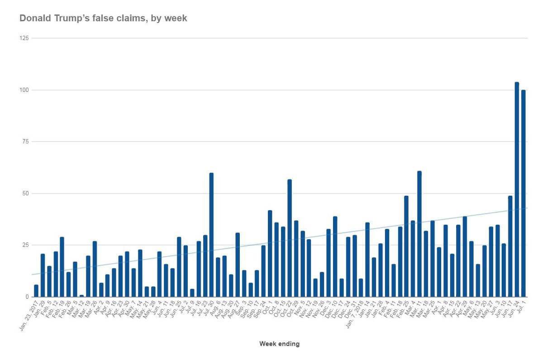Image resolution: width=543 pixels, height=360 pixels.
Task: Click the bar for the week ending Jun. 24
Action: pyautogui.click(x=517, y=190)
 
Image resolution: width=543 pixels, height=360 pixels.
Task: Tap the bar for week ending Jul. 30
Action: pyautogui.click(x=211, y=235)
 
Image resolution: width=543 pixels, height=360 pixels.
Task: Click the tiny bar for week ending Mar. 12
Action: pyautogui.click(x=81, y=296)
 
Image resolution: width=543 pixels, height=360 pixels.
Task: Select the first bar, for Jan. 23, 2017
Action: pyautogui.click(x=36, y=291)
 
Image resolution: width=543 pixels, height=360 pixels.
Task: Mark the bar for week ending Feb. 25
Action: pyautogui.click(x=406, y=246)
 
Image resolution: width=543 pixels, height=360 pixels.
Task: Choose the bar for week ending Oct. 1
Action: pyautogui.click(x=270, y=254)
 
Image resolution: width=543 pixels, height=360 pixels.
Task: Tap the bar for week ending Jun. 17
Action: pyautogui.click(x=510, y=246)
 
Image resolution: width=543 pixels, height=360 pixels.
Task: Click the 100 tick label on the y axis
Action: pyautogui.click(x=24, y=90)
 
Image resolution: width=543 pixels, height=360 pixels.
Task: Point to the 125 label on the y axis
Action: pyautogui.click(x=24, y=38)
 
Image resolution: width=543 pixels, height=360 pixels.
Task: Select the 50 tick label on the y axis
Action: pyautogui.click(x=25, y=194)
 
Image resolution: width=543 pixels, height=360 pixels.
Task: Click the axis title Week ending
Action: pyautogui.click(x=279, y=344)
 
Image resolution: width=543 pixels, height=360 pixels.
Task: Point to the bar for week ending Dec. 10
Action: pyautogui.click(x=335, y=257)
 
